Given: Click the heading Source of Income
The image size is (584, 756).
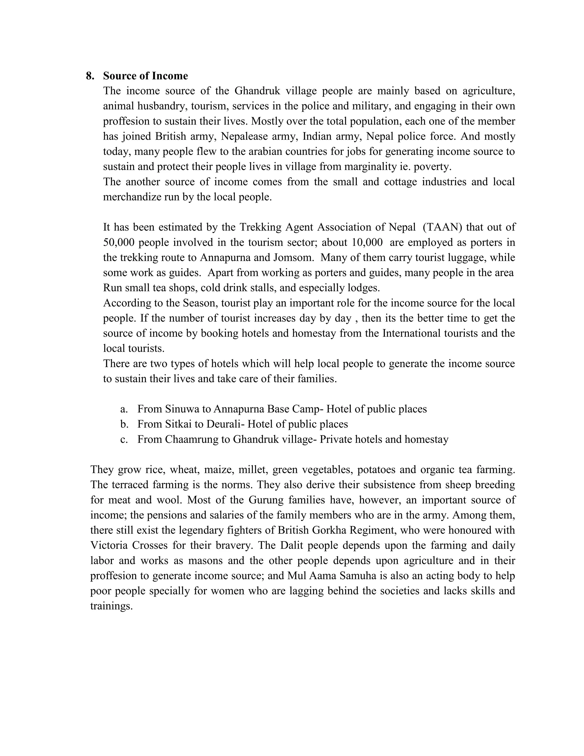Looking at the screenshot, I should (145, 76).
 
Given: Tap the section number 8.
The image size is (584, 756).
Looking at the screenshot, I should (90, 76).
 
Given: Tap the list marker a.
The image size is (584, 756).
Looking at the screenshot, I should (124, 409).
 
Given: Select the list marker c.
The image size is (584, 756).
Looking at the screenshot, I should (124, 439).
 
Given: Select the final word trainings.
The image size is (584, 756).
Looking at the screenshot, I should (111, 606).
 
